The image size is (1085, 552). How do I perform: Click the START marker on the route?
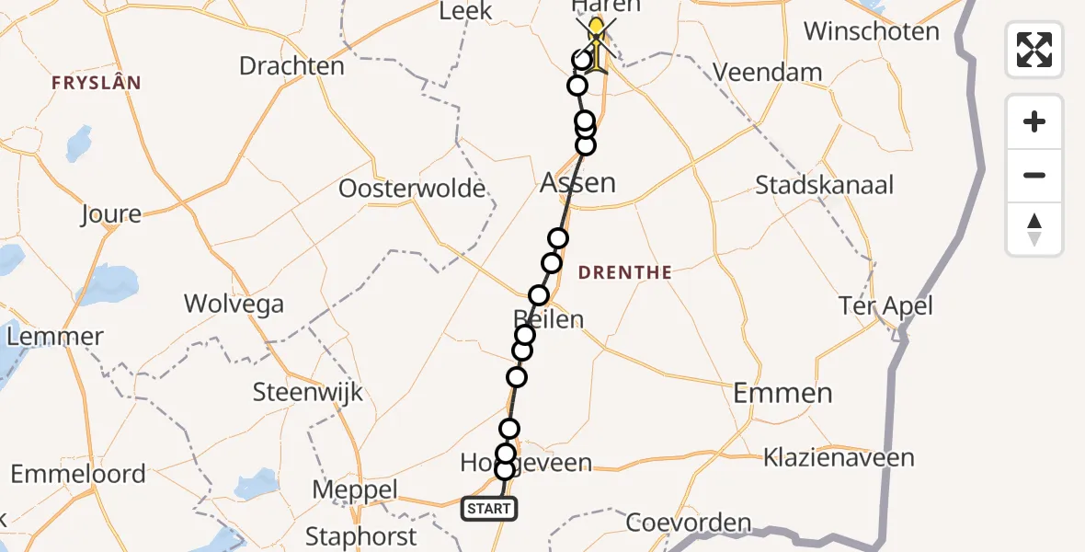[488, 508]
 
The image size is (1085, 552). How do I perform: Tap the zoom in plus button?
[1034, 122]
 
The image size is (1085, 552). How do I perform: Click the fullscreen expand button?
[1034, 50]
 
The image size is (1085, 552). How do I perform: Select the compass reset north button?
[1034, 230]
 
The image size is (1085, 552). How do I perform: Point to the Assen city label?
[577, 182]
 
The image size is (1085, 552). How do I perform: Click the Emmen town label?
[782, 394]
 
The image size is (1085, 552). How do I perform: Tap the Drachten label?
[291, 66]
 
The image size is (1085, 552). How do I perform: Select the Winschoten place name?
[871, 31]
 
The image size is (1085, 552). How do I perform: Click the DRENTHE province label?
[625, 272]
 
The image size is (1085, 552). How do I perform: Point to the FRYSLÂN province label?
[97, 83]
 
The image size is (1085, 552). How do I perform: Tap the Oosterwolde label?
[412, 189]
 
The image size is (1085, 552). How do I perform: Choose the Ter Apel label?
[885, 305]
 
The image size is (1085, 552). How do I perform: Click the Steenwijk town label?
[308, 393]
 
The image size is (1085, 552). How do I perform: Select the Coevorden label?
[689, 523]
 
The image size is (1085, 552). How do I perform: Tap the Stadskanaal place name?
[824, 185]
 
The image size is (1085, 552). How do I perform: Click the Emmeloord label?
[78, 474]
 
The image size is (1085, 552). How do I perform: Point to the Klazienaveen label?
[839, 457]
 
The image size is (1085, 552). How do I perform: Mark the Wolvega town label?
[234, 304]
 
